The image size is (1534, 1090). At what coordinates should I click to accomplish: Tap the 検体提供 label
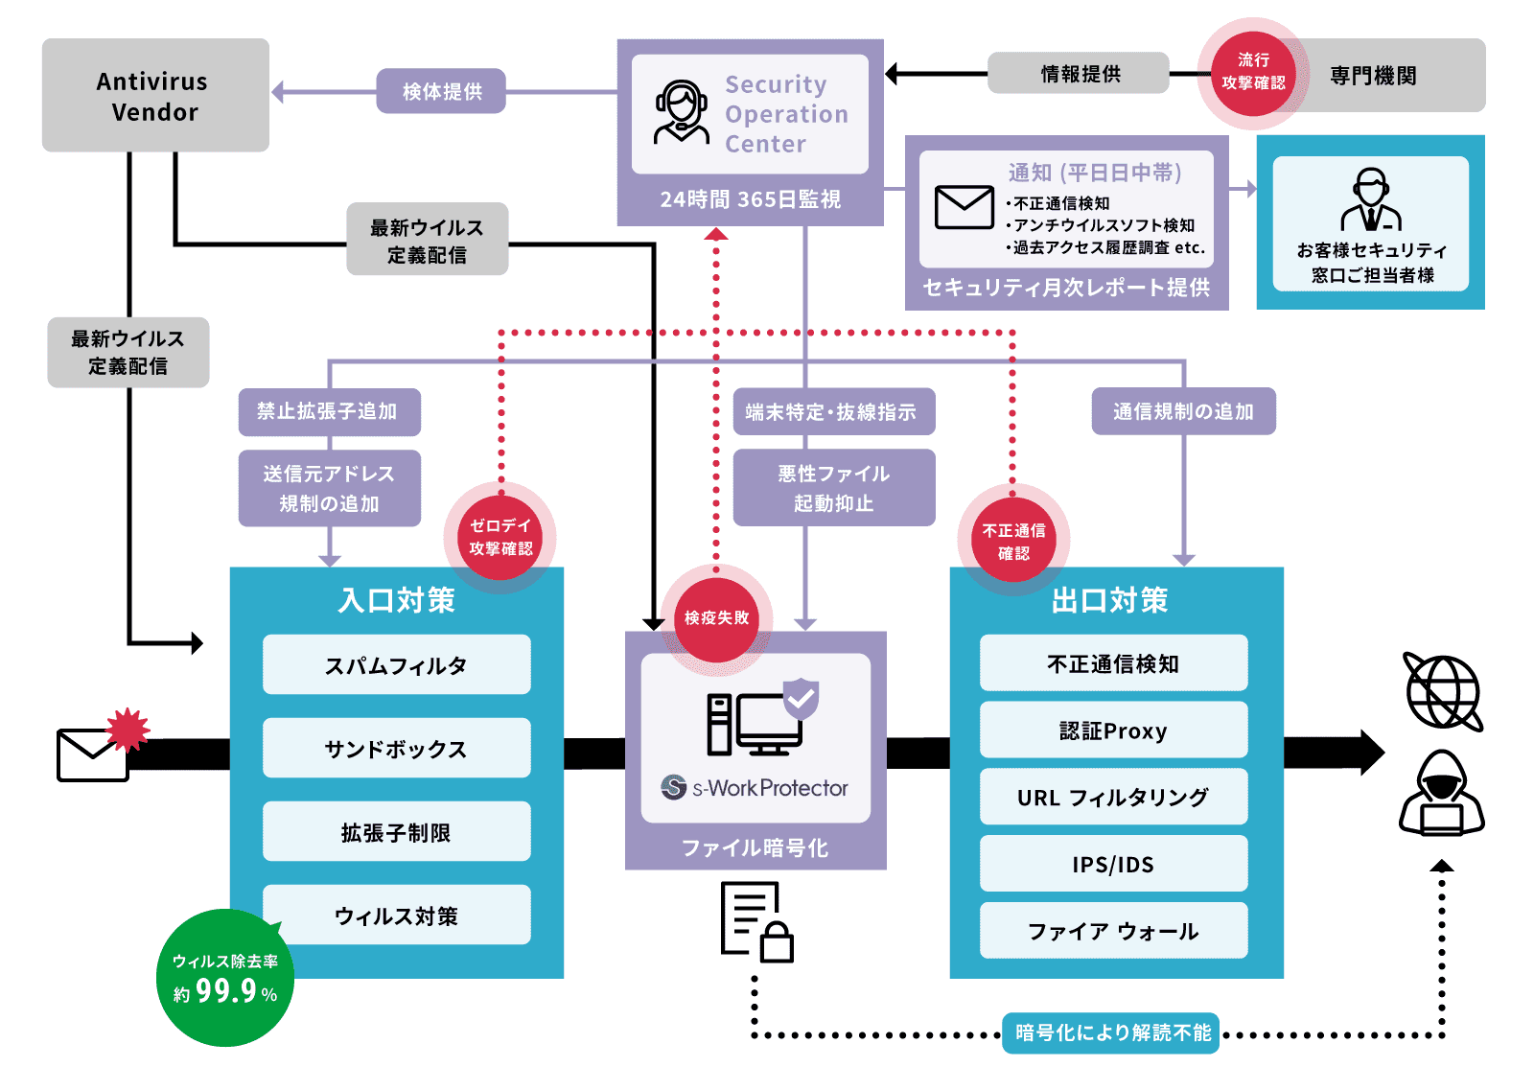pyautogui.click(x=441, y=91)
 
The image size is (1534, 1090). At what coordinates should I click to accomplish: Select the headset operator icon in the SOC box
pyautogui.click(x=681, y=111)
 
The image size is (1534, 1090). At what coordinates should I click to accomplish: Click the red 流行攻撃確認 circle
pyautogui.click(x=1253, y=73)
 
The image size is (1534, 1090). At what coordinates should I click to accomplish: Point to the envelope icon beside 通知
pyautogui.click(x=964, y=207)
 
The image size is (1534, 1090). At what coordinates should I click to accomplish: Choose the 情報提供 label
pyautogui.click(x=1079, y=73)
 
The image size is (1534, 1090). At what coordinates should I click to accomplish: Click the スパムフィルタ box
pyautogui.click(x=396, y=664)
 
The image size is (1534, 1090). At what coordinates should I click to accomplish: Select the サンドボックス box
pyautogui.click(x=396, y=748)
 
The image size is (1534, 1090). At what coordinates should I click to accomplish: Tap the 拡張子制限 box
pyautogui.click(x=396, y=831)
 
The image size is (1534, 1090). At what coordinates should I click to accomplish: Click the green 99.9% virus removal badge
pyautogui.click(x=225, y=978)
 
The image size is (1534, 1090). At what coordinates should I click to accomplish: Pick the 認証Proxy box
pyautogui.click(x=1113, y=731)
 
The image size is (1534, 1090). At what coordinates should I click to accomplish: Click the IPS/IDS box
pyautogui.click(x=1113, y=864)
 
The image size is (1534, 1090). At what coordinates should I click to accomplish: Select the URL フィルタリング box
pyautogui.click(x=1113, y=797)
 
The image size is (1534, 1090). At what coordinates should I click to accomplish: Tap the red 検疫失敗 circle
pyautogui.click(x=716, y=618)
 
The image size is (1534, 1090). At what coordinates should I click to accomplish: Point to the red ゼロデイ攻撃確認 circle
pyautogui.click(x=500, y=537)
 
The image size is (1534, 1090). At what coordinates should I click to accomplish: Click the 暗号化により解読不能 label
pyautogui.click(x=1111, y=1032)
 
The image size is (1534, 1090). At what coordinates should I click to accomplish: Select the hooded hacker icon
pyautogui.click(x=1441, y=794)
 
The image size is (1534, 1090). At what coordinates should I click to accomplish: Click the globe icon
pyautogui.click(x=1442, y=692)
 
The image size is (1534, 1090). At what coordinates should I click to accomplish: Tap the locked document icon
pyautogui.click(x=756, y=922)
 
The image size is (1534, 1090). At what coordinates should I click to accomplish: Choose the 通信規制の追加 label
pyautogui.click(x=1183, y=411)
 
